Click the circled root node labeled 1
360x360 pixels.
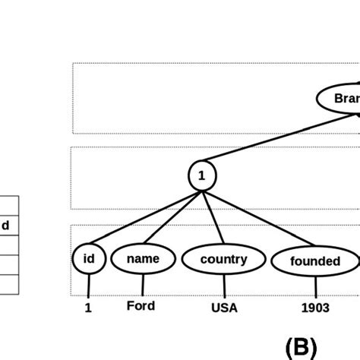click(x=201, y=176)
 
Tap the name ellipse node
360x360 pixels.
click(x=143, y=259)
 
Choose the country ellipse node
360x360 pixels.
click(x=223, y=260)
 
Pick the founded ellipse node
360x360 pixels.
click(x=314, y=261)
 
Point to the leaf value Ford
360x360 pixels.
click(x=141, y=305)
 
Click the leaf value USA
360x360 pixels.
click(x=224, y=308)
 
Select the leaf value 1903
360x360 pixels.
click(x=314, y=308)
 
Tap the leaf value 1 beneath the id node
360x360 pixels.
click(x=88, y=308)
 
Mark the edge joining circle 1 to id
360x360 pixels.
click(x=144, y=218)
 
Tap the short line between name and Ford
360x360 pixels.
click(x=143, y=286)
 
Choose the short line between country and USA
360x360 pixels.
click(x=224, y=286)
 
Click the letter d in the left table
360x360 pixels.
click(x=5, y=226)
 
